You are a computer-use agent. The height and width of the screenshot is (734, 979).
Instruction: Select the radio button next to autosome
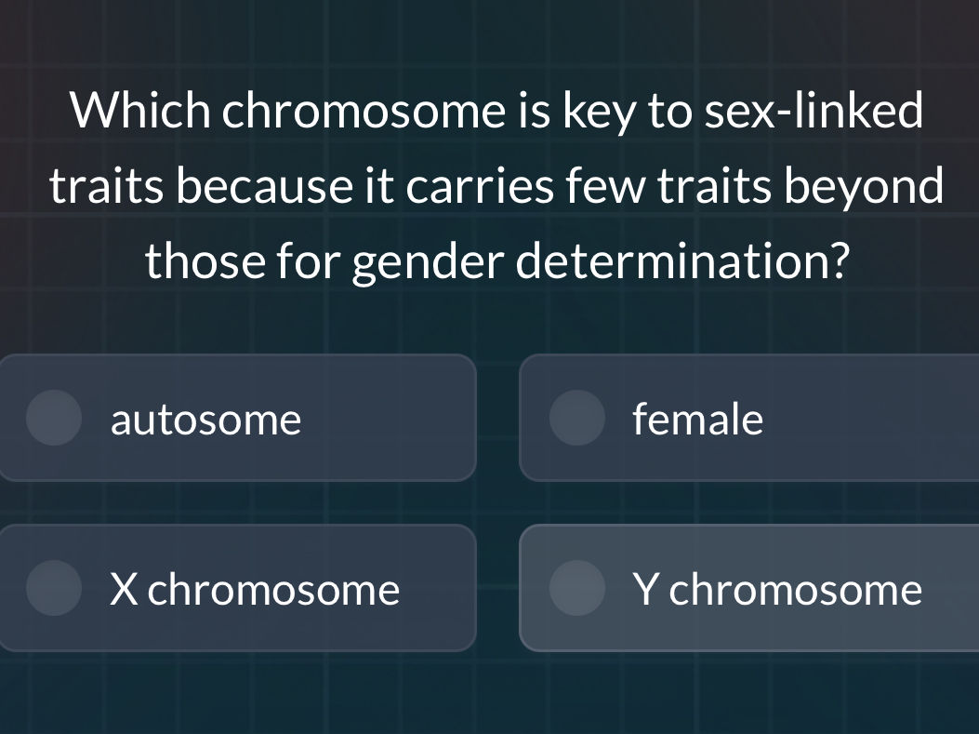coord(54,418)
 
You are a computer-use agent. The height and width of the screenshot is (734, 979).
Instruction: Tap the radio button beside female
coord(577,418)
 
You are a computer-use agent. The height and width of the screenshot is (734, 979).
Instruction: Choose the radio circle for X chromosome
coord(54,588)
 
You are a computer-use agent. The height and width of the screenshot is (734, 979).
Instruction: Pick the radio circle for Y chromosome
coord(577,588)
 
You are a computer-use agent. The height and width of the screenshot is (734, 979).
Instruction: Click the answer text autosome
coord(205,420)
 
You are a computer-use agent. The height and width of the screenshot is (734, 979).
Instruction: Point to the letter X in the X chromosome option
coord(123,589)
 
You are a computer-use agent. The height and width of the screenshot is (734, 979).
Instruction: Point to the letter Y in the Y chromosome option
coord(645,589)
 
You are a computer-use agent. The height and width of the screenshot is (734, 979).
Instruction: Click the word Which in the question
coord(140,110)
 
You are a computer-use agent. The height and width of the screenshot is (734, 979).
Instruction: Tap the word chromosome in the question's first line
coord(364,110)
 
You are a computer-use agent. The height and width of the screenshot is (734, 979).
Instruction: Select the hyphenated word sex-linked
coord(814,110)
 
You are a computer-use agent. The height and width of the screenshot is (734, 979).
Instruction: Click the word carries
coord(480,185)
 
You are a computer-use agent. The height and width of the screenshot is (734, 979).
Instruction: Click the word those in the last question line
coord(205,260)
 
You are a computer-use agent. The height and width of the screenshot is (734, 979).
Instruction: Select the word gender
coord(428,263)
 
